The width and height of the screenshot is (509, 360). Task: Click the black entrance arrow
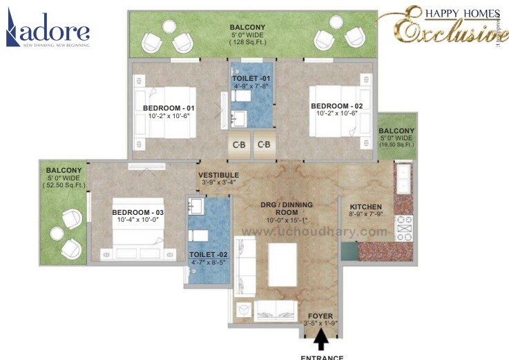point(321,341)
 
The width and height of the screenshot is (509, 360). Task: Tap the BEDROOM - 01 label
point(169,108)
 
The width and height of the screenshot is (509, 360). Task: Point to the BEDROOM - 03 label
point(138,211)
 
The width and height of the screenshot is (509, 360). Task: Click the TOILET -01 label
point(251,79)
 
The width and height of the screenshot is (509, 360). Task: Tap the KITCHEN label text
point(365,207)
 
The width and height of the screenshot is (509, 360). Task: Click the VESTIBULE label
point(219,176)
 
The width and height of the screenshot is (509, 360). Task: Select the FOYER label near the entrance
point(320,316)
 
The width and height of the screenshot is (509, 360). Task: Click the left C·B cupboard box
point(239,145)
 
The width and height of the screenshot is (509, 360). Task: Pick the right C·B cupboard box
point(264,145)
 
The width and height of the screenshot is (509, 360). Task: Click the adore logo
point(48,31)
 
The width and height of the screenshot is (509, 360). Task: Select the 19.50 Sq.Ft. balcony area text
point(396,146)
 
